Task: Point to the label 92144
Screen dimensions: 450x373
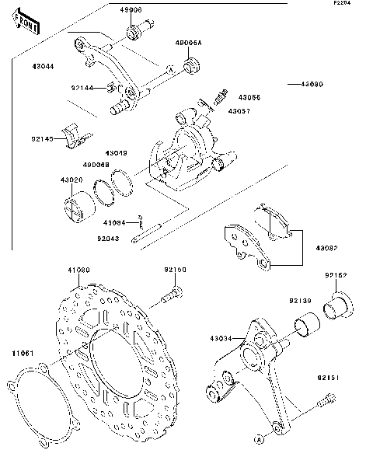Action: tap(83, 88)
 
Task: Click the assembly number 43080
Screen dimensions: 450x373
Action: tap(305, 83)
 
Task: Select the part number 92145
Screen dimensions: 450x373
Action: tap(43, 138)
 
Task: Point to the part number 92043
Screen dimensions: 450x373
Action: tap(110, 239)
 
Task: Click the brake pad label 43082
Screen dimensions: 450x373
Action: tap(326, 248)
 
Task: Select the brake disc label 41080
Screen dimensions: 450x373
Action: tap(79, 269)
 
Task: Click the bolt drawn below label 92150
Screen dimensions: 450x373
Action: tap(173, 296)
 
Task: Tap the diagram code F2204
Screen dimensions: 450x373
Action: tap(343, 4)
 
